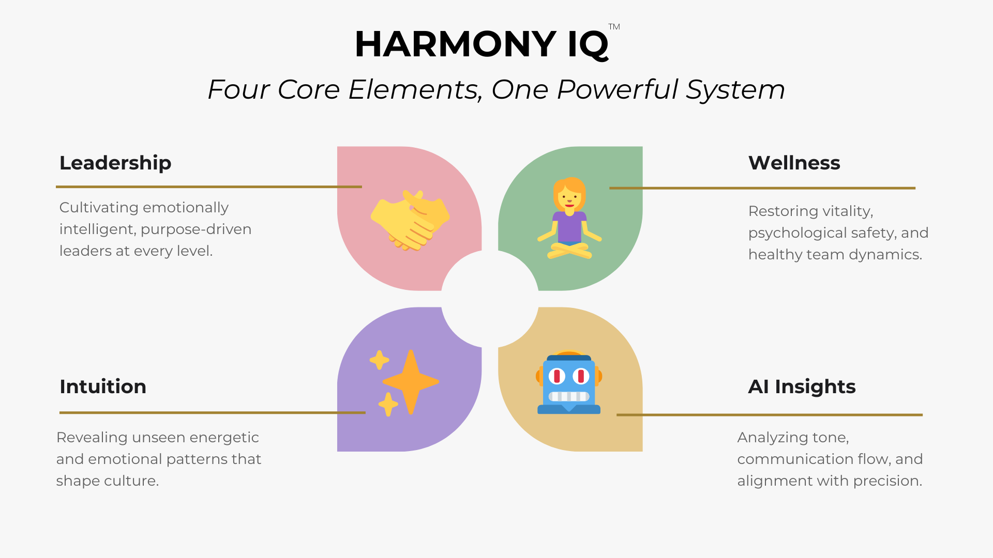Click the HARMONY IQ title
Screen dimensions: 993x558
482,44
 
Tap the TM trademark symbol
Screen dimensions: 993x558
614,27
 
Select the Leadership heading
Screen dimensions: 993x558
115,163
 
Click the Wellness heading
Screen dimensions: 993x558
794,163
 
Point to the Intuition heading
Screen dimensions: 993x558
103,386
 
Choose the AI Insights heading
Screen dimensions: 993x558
802,386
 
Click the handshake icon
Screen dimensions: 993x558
410,220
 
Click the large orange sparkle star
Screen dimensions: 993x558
411,382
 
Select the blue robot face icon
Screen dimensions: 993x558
569,383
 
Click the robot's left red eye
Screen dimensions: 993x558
557,376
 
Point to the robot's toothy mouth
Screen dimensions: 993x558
569,396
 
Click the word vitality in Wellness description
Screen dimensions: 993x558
847,211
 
